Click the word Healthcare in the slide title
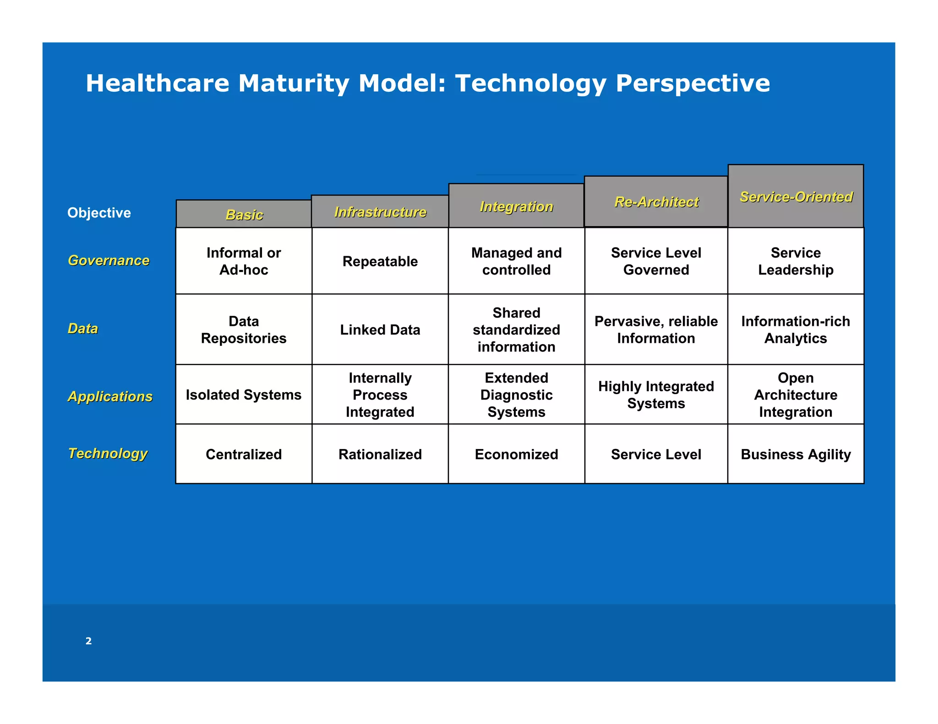[158, 84]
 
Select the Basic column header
[244, 215]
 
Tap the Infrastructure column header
[380, 212]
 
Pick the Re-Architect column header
[656, 202]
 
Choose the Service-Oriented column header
[796, 197]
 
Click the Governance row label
[109, 260]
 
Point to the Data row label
[83, 329]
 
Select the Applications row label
[110, 396]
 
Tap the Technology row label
[108, 454]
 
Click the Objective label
[99, 213]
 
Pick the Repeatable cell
[380, 261]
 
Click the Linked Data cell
[380, 330]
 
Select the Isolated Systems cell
[244, 394]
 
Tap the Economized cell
[516, 454]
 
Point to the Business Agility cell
[796, 454]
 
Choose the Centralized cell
[244, 454]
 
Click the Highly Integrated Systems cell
[656, 394]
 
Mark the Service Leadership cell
[796, 261]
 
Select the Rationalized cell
[380, 454]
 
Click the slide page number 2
[88, 641]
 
